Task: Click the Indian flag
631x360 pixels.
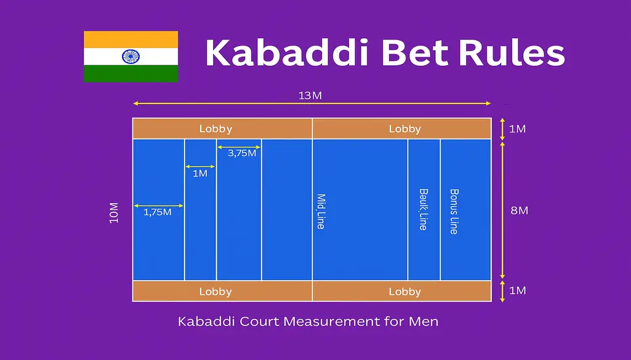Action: pos(131,57)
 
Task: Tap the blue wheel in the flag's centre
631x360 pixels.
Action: pos(131,57)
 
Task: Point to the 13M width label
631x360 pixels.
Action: pos(311,95)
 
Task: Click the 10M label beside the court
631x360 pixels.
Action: pos(114,212)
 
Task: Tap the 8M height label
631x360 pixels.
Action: pos(519,210)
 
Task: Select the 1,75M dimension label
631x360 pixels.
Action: pos(158,213)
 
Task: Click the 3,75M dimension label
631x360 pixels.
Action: pos(242,153)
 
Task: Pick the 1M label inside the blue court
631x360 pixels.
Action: pos(200,174)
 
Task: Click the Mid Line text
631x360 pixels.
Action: pos(321,212)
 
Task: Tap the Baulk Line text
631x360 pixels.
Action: pos(423,209)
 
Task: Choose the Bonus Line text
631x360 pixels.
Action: pos(454,211)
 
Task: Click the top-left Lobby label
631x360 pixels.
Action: pos(215,129)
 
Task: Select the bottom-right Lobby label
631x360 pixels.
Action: pos(404,292)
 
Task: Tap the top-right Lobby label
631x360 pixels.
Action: pos(404,129)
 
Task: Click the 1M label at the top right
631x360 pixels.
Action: pos(517,129)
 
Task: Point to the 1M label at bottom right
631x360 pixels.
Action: pos(517,290)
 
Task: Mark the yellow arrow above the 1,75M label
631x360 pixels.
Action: pos(158,206)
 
